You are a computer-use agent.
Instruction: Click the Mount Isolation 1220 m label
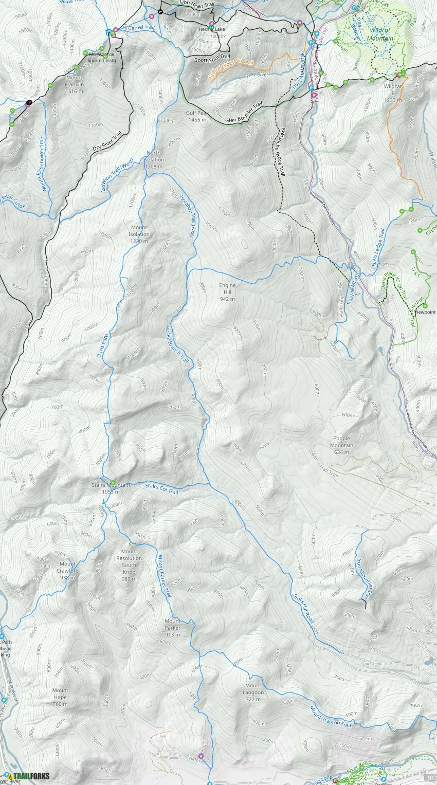[x=139, y=234]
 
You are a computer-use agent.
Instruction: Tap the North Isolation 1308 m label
[x=154, y=159]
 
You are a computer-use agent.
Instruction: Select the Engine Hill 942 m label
[x=227, y=292]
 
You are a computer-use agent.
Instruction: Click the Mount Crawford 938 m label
[x=67, y=571]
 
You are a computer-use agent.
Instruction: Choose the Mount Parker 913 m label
[x=172, y=628]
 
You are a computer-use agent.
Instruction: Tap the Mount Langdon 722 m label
[x=253, y=689]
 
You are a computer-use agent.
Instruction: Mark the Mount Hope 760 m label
[x=60, y=697]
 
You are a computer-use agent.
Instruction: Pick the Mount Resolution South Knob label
[x=129, y=565]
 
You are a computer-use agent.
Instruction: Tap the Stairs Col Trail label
[x=161, y=489]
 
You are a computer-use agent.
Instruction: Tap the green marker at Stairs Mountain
[x=113, y=483]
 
